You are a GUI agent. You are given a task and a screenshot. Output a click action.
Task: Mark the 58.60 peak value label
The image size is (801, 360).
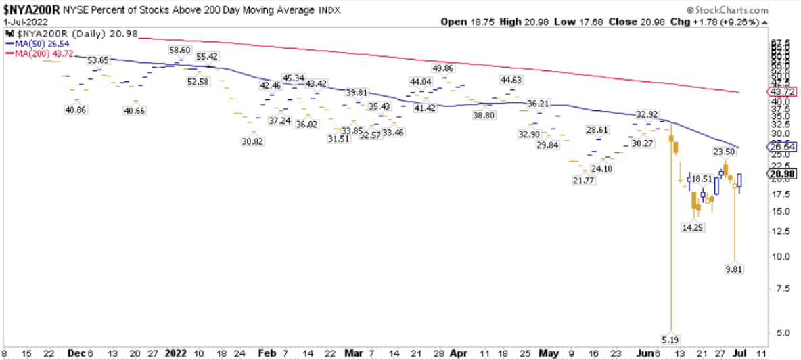click(x=179, y=50)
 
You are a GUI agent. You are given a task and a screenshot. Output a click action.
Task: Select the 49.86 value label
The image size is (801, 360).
click(x=443, y=68)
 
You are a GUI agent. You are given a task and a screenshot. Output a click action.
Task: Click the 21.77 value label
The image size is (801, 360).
click(x=582, y=181)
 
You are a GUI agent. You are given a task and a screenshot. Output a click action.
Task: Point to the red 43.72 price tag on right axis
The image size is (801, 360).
click(x=781, y=91)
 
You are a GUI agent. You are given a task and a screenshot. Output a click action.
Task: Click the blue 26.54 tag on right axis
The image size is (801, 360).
click(x=781, y=147)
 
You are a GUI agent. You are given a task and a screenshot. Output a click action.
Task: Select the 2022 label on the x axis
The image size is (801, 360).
click(x=176, y=353)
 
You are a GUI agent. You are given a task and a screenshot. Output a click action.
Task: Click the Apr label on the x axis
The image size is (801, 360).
click(x=459, y=353)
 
